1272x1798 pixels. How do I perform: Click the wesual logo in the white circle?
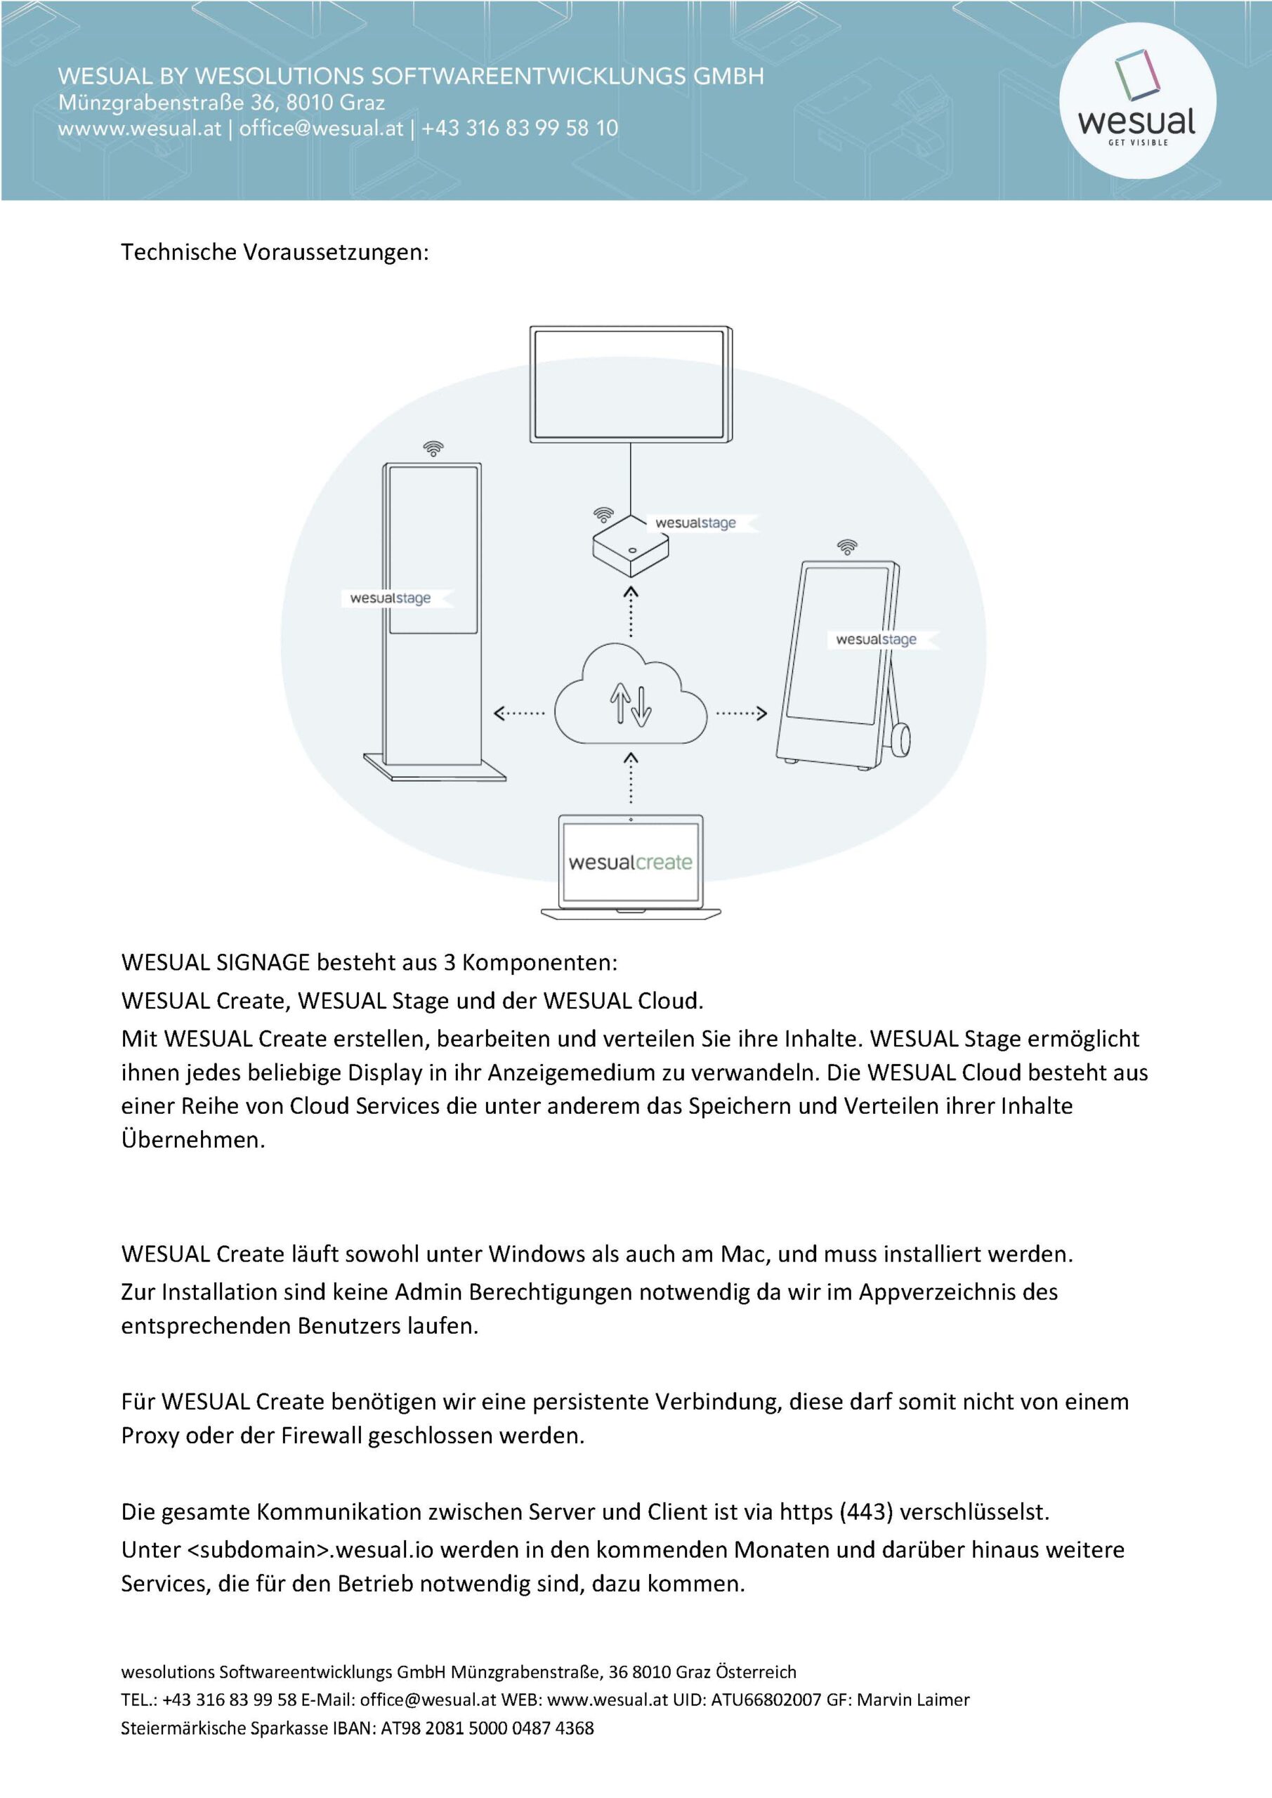1136,101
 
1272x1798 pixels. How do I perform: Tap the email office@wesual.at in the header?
321,129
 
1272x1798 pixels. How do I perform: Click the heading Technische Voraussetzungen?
275,252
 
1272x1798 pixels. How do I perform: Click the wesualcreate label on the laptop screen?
631,862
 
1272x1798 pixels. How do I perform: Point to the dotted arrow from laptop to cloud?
631,778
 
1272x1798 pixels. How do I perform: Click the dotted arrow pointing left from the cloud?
519,713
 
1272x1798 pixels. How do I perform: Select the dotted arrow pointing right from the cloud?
741,713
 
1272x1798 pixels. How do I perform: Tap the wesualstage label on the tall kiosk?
390,598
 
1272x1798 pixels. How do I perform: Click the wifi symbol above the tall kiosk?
433,449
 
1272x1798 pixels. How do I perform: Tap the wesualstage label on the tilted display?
876,639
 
